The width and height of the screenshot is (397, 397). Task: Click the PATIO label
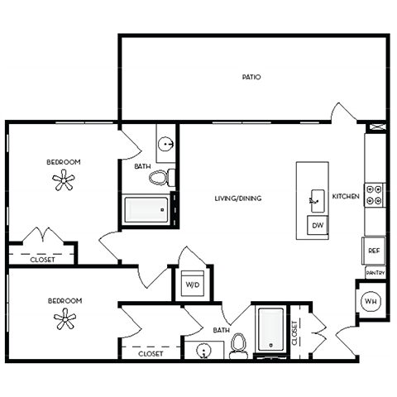click(x=251, y=77)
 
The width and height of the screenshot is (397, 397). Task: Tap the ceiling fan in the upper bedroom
click(x=64, y=180)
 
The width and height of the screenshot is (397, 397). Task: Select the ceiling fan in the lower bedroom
click(x=64, y=319)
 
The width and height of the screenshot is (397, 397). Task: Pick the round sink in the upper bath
click(x=167, y=144)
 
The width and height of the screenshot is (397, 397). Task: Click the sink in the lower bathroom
click(x=203, y=351)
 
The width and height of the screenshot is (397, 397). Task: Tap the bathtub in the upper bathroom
click(x=146, y=210)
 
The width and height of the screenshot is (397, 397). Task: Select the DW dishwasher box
click(x=317, y=225)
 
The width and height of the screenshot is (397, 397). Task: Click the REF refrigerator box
click(x=374, y=250)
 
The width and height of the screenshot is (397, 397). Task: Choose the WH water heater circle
click(x=371, y=301)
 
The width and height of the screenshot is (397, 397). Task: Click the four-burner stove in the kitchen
click(x=375, y=194)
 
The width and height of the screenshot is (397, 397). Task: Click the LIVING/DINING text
click(x=238, y=198)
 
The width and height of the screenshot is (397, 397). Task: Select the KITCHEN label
click(x=345, y=197)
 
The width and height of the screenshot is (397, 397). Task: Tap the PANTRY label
click(x=374, y=271)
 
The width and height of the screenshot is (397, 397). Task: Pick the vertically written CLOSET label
click(x=295, y=332)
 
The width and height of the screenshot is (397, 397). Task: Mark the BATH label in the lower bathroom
click(x=221, y=330)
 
